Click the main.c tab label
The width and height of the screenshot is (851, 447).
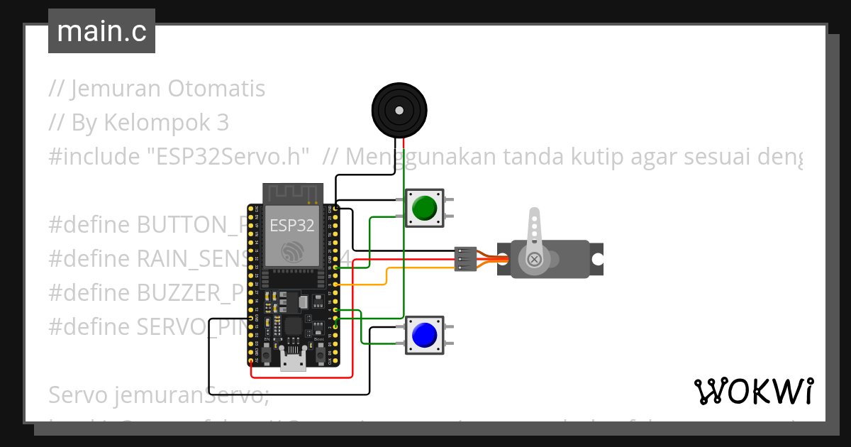coord(101,32)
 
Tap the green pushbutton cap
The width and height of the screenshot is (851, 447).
coord(424,208)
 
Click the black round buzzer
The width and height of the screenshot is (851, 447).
coord(399,111)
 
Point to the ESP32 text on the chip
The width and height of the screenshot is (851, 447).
coord(291,226)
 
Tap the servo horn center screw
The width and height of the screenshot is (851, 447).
coord(535,260)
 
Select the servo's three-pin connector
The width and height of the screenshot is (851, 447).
coord(465,259)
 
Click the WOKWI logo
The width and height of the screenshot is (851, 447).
coord(753,391)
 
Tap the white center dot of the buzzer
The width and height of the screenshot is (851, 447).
coord(399,111)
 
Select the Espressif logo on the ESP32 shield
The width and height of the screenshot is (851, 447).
coord(291,252)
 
